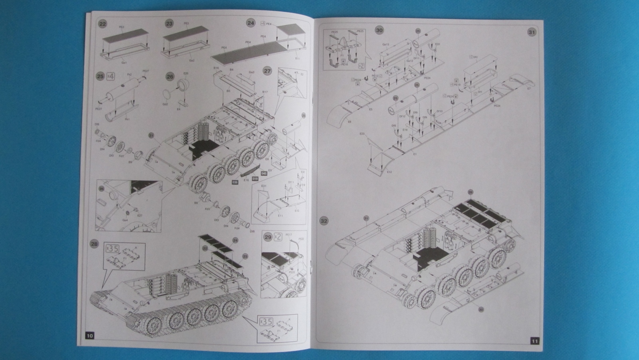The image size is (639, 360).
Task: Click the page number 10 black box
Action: pyautogui.click(x=90, y=335)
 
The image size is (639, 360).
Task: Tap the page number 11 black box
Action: pyautogui.click(x=535, y=341)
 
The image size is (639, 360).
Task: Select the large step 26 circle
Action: pyautogui.click(x=170, y=77)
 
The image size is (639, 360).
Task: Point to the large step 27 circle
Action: pyautogui.click(x=267, y=71)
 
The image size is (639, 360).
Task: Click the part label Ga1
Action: pyautogui.click(x=124, y=62)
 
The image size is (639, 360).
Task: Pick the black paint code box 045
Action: pyautogui.click(x=264, y=173)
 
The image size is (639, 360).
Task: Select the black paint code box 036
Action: pyautogui.click(x=235, y=182)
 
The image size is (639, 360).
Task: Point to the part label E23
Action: pyautogui.click(x=362, y=134)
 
